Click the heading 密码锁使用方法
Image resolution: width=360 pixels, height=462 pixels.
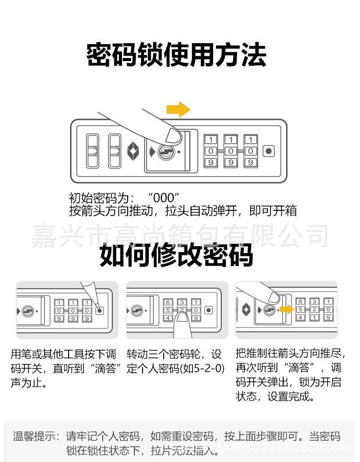pyautogui.click(x=176, y=55)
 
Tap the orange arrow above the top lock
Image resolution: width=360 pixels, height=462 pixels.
pyautogui.click(x=178, y=109)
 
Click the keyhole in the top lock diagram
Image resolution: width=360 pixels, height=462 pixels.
pyautogui.click(x=166, y=152)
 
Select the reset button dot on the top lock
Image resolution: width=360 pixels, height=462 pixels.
pyautogui.click(x=269, y=151)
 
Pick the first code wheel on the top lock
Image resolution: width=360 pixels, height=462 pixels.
pyautogui.click(x=211, y=151)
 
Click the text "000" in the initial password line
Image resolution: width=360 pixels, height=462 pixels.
pyautogui.click(x=164, y=198)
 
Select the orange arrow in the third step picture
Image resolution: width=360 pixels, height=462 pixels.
pyautogui.click(x=287, y=310)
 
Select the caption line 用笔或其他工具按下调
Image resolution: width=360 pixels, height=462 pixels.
pyautogui.click(x=63, y=355)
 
